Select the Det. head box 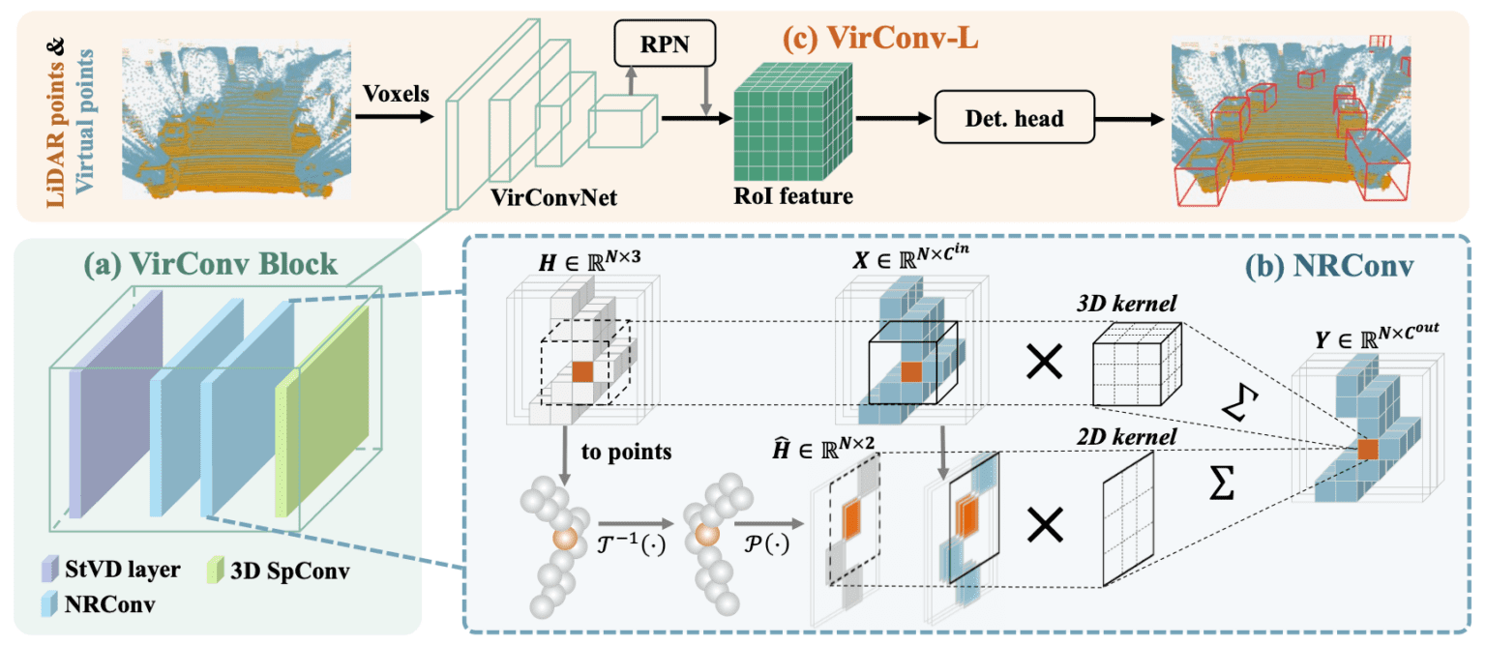click(x=1013, y=119)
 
